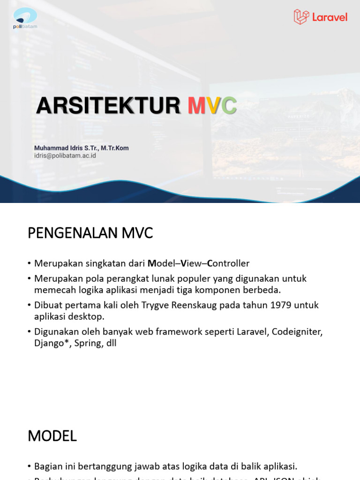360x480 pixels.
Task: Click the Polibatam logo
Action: [x=25, y=18]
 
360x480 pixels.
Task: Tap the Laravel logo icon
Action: [x=301, y=17]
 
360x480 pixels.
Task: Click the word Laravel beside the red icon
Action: [x=330, y=17]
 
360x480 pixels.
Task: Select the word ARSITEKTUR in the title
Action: [x=108, y=105]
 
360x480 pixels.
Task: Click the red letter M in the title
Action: [x=197, y=105]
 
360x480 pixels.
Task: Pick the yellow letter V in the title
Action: [x=213, y=105]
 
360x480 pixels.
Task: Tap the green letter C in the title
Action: [x=229, y=105]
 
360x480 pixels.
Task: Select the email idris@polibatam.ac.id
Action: [x=65, y=156]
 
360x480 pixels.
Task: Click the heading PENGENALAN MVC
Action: [x=90, y=233]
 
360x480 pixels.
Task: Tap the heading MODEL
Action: [x=52, y=436]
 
